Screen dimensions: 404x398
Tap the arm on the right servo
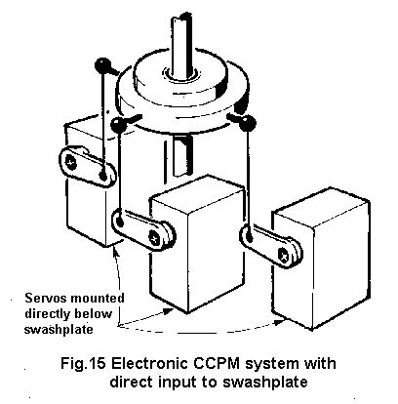click(269, 245)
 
